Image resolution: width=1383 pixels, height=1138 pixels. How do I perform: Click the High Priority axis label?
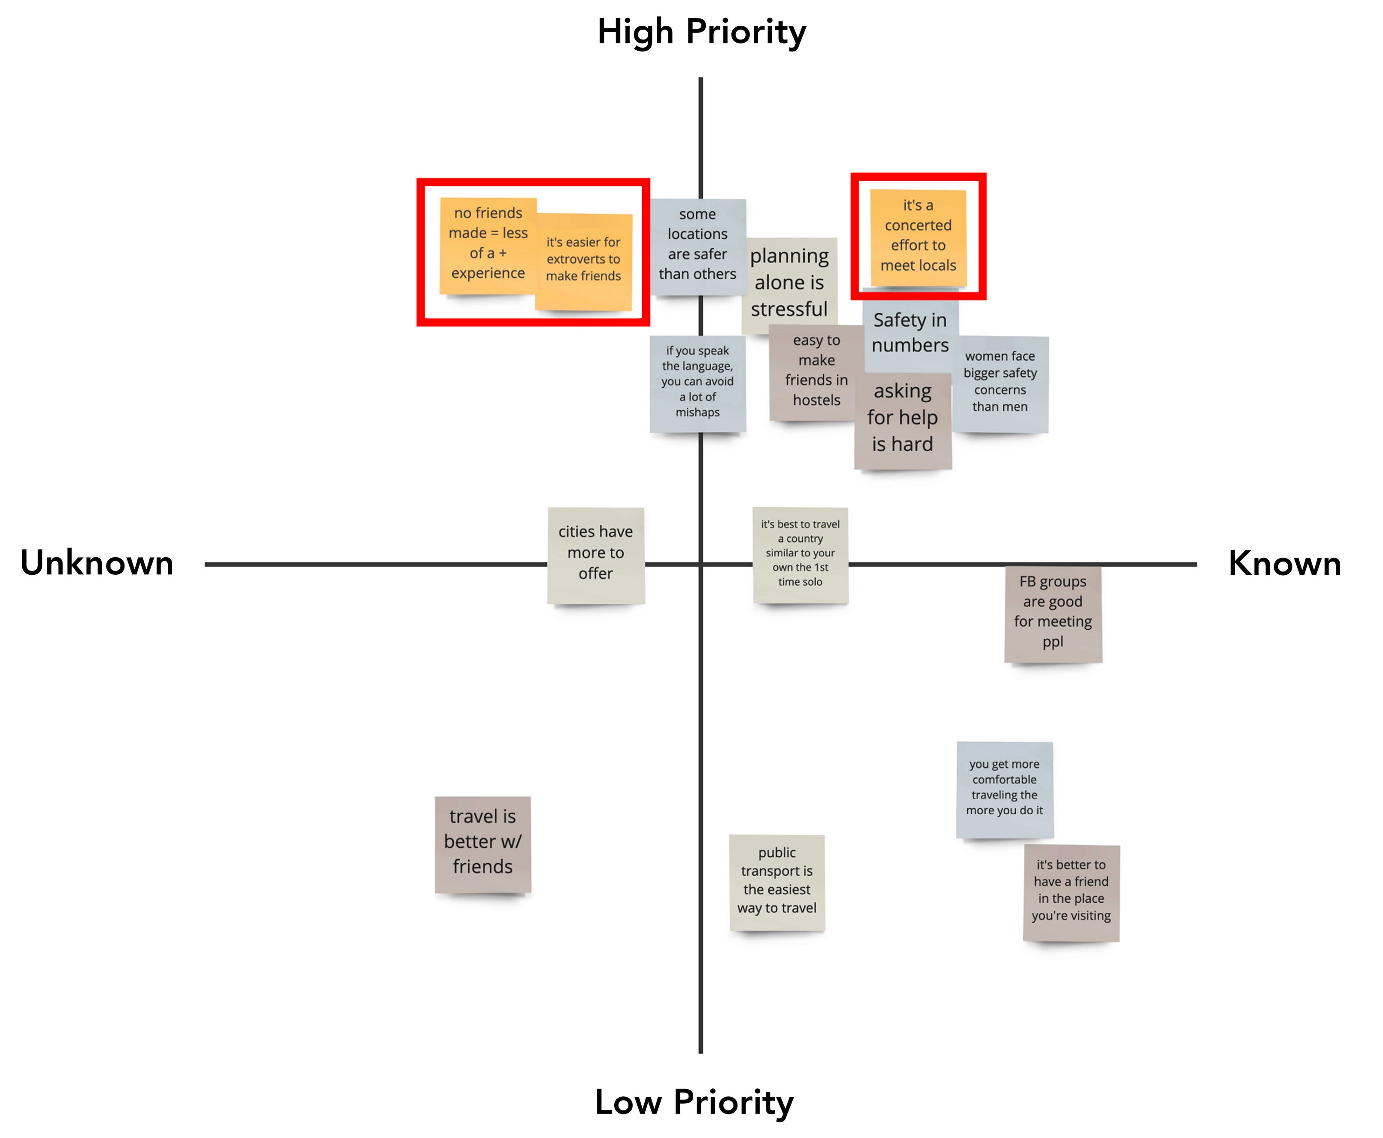pyautogui.click(x=701, y=31)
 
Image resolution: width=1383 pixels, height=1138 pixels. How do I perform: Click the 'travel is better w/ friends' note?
pyautogui.click(x=482, y=843)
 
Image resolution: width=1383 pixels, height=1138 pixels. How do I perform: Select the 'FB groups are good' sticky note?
pyautogui.click(x=1052, y=613)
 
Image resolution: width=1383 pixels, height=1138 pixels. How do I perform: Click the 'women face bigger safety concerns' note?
pyautogui.click(x=1000, y=383)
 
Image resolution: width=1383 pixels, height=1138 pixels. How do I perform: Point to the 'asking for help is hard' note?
pyautogui.click(x=903, y=419)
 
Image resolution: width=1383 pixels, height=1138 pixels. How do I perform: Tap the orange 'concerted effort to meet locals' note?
pyautogui.click(x=918, y=236)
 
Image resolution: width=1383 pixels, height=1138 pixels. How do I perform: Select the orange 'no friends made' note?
pyautogui.click(x=488, y=244)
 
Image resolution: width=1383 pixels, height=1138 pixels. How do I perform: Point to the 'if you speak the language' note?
pyautogui.click(x=698, y=382)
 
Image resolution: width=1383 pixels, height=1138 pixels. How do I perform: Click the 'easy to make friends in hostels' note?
pyautogui.click(x=816, y=371)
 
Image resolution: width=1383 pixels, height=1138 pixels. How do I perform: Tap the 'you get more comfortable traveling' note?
pyautogui.click(x=1004, y=788)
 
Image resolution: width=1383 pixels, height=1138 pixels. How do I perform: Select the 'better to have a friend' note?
pyautogui.click(x=1071, y=892)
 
